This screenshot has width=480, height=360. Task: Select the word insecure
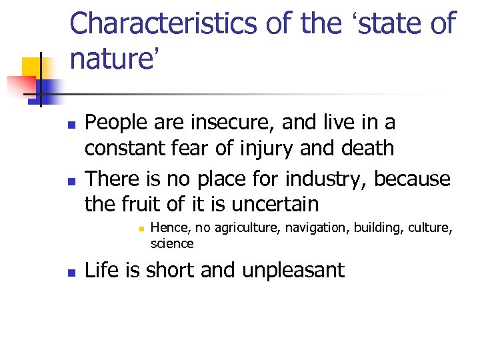(222, 123)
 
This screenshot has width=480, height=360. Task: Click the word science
(172, 243)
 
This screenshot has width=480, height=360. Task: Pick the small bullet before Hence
(141, 229)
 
